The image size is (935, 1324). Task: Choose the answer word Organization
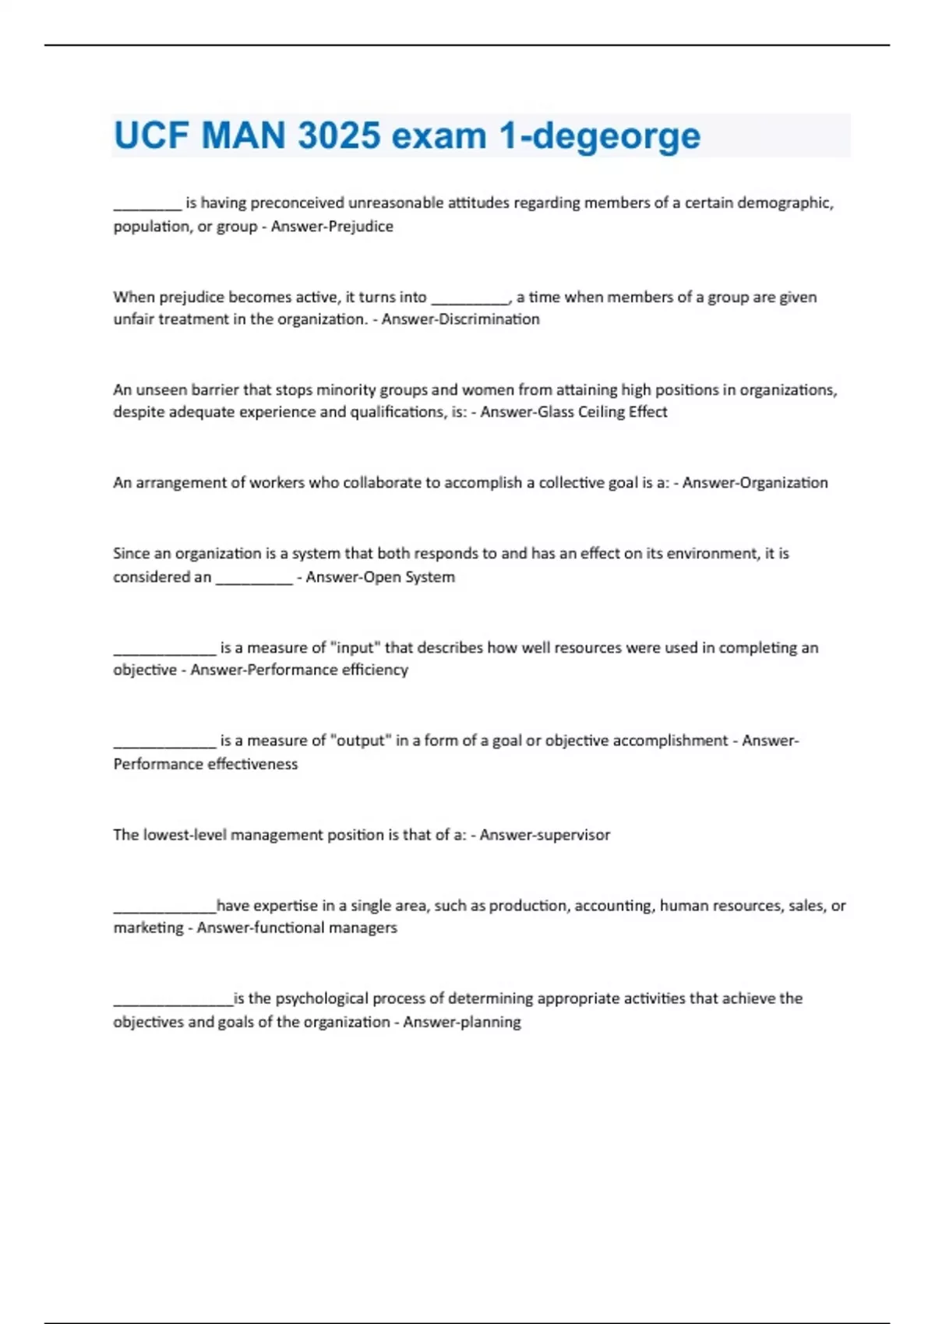[x=785, y=483]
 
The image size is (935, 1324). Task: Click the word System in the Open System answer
[x=430, y=577]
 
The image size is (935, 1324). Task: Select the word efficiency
[x=376, y=670]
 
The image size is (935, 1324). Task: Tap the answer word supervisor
[x=573, y=835]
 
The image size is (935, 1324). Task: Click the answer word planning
[x=490, y=1022]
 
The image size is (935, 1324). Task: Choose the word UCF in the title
[x=151, y=136]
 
